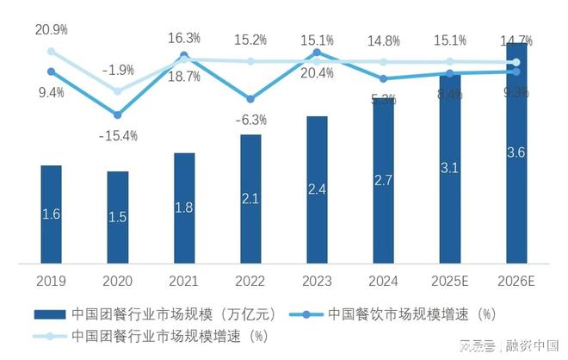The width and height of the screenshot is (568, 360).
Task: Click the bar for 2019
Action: [51, 214]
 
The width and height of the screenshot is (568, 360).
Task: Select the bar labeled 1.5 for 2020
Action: [118, 217]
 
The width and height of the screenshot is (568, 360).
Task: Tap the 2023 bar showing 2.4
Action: [317, 189]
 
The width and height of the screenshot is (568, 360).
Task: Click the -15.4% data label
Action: [118, 135]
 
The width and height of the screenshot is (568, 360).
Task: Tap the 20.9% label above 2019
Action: [51, 29]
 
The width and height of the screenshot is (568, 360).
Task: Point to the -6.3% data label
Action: [250, 120]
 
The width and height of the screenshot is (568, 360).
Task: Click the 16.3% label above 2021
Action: [184, 38]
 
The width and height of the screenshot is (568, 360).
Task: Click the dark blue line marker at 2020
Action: [118, 114]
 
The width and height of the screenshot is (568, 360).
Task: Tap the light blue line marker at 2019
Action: [51, 52]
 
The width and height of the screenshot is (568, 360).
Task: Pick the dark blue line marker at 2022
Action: [250, 99]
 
